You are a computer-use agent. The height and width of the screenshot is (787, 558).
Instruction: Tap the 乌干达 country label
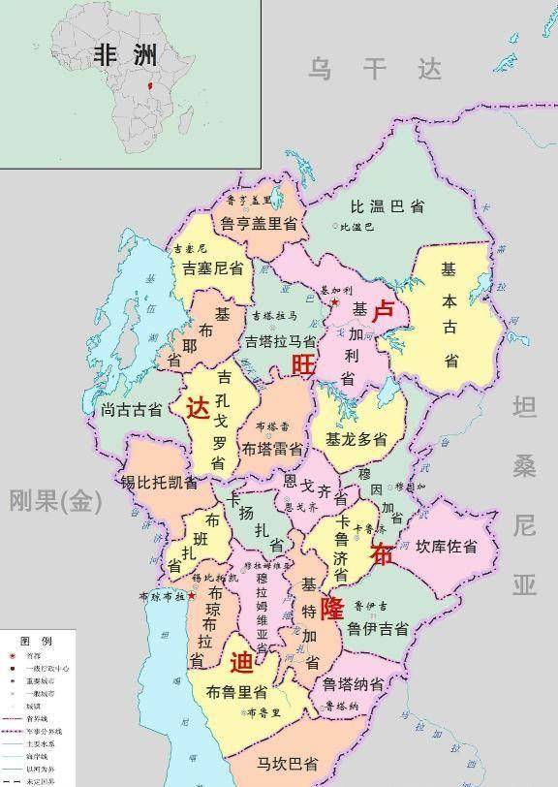pos(374,69)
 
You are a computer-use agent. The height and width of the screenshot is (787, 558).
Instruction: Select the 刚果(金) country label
pos(54,500)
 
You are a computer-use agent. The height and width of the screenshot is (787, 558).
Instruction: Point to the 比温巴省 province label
pos(387,206)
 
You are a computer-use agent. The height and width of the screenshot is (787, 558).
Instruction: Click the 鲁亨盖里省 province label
pos(258,223)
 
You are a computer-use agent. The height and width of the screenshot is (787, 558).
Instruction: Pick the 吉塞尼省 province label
pos(211,268)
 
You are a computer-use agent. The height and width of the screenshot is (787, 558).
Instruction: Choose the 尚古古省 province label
pos(131,410)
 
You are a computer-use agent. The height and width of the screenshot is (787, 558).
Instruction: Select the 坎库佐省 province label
pos(447,547)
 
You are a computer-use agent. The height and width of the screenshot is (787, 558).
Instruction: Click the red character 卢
pos(384,311)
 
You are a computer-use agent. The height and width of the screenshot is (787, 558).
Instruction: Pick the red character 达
pos(197,408)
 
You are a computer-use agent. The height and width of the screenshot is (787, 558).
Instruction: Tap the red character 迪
pos(242,662)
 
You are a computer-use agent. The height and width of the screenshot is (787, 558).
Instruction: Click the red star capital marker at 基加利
pos(334,303)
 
